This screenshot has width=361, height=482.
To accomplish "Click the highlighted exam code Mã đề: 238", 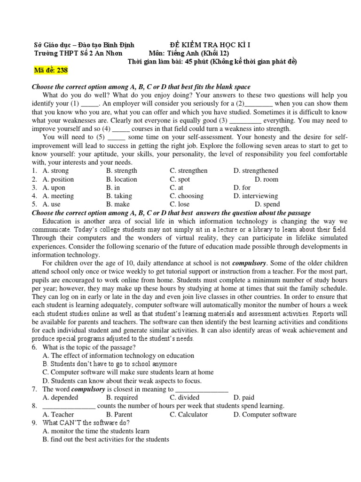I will point(51,71).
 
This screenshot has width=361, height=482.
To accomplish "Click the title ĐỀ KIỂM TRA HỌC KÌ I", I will point(210,45).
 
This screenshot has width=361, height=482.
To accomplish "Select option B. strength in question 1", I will point(121,171).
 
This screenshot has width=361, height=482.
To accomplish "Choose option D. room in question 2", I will point(266,179).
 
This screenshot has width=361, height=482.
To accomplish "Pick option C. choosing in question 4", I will point(187,196).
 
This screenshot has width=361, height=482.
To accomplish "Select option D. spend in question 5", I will point(267,204).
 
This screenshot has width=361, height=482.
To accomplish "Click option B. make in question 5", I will point(118,204).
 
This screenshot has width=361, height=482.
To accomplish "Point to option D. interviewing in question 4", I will point(255,196).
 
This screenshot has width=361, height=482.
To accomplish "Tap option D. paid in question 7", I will point(243,398).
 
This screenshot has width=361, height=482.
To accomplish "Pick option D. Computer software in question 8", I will point(265,415).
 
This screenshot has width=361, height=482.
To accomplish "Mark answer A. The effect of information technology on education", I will point(118,356).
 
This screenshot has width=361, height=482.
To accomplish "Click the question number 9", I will point(34,423).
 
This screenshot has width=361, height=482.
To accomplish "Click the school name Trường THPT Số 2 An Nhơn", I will point(78,53).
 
